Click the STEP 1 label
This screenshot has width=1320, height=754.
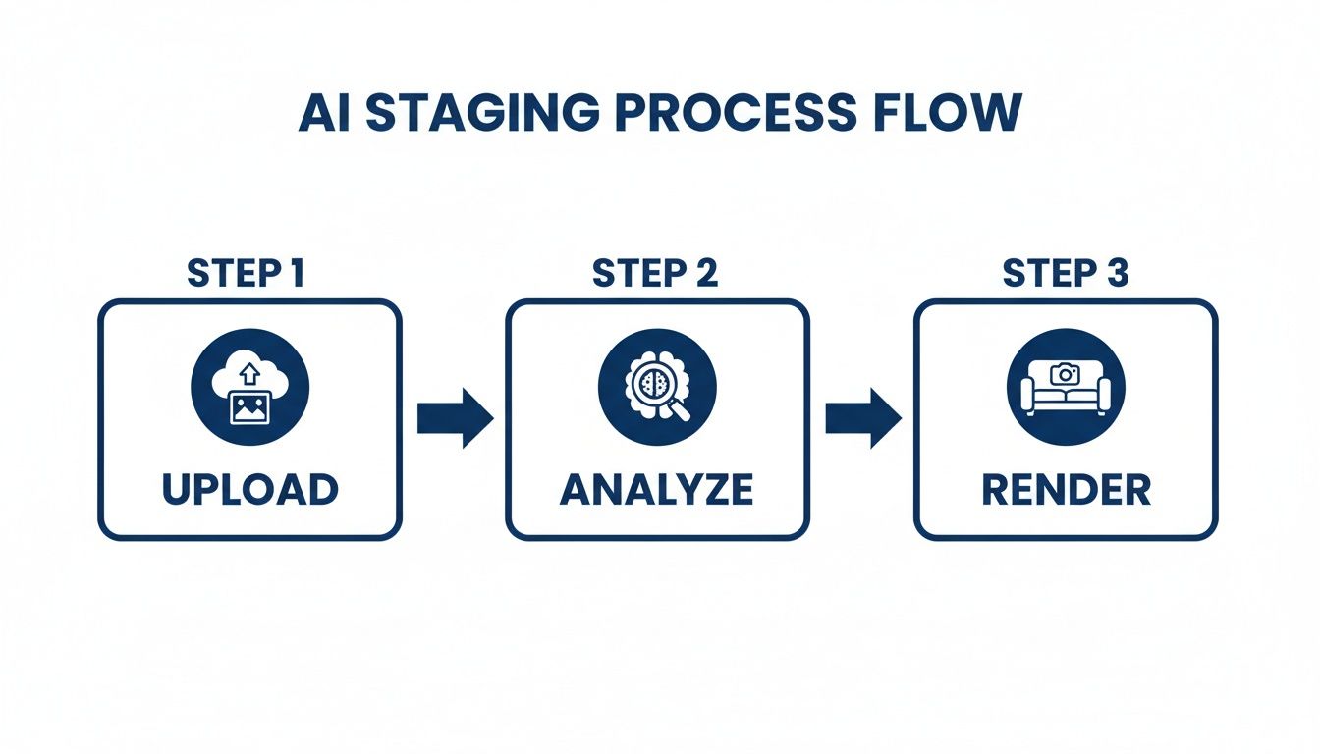click(246, 275)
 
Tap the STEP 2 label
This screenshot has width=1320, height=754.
click(655, 275)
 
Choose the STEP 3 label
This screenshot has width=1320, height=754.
click(1066, 275)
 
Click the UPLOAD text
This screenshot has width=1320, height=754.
click(249, 488)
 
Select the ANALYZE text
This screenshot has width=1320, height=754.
click(656, 488)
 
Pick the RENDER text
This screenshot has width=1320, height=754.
click(1066, 488)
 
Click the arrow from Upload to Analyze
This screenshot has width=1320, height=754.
click(454, 418)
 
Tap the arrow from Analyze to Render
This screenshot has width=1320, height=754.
click(862, 418)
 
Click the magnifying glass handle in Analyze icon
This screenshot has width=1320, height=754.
click(680, 410)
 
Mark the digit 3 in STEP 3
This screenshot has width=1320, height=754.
click(1116, 275)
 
